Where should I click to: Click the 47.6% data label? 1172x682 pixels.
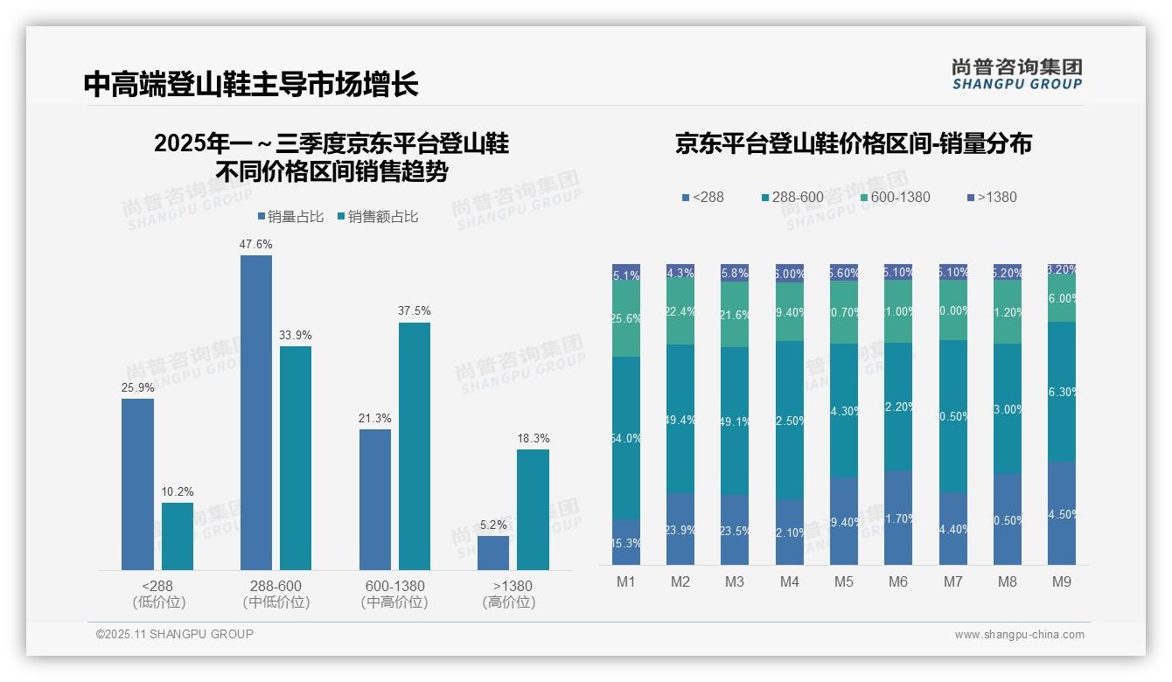pyautogui.click(x=255, y=245)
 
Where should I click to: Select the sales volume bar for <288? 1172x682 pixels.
pyautogui.click(x=137, y=484)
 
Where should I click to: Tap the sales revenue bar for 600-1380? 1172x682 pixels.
pyautogui.click(x=415, y=446)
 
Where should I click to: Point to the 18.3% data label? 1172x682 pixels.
pyautogui.click(x=533, y=439)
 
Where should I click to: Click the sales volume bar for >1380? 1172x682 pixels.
pyautogui.click(x=493, y=553)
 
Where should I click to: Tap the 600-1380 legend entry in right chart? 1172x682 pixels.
pyautogui.click(x=894, y=198)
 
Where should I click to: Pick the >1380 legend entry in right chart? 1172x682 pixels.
pyautogui.click(x=991, y=198)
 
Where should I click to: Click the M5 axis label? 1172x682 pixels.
pyautogui.click(x=844, y=581)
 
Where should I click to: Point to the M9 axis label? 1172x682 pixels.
pyautogui.click(x=1061, y=581)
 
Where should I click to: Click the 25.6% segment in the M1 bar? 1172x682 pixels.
pyautogui.click(x=626, y=319)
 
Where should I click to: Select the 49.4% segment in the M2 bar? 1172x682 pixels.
pyautogui.click(x=680, y=419)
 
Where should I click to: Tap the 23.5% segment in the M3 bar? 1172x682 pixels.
pyautogui.click(x=735, y=530)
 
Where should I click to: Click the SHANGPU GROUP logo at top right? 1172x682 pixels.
pyautogui.click(x=1016, y=74)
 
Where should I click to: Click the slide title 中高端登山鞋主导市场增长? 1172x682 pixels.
pyautogui.click(x=251, y=84)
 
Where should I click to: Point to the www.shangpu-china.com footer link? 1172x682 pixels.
pyautogui.click(x=1019, y=635)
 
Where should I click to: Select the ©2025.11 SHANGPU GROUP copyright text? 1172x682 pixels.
pyautogui.click(x=175, y=634)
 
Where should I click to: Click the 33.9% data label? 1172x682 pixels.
pyautogui.click(x=296, y=336)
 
